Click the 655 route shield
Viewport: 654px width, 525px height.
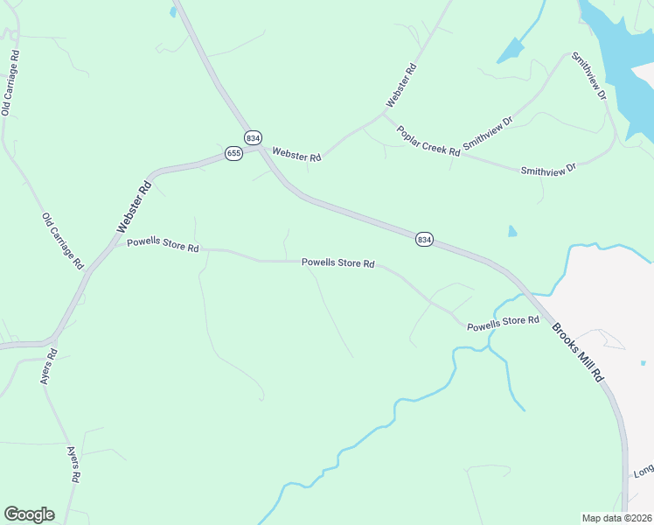[233, 153]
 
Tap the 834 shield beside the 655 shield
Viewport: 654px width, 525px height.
[253, 137]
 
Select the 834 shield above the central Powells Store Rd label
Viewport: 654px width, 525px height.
[424, 239]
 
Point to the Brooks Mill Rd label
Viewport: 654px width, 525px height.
[578, 352]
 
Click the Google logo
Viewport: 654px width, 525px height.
[29, 514]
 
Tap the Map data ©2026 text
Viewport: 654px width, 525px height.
[616, 518]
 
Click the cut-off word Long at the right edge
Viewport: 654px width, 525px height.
[644, 471]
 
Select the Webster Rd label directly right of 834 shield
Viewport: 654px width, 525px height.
[296, 155]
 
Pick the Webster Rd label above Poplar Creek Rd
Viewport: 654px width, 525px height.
[400, 86]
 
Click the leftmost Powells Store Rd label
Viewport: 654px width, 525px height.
[163, 245]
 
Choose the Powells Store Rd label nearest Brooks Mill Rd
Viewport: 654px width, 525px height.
[503, 324]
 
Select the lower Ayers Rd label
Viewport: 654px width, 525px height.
[75, 465]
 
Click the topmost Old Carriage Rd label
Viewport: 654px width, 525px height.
[10, 83]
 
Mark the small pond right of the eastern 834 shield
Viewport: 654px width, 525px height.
[512, 232]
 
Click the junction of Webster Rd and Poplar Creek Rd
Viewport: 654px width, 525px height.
[384, 112]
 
